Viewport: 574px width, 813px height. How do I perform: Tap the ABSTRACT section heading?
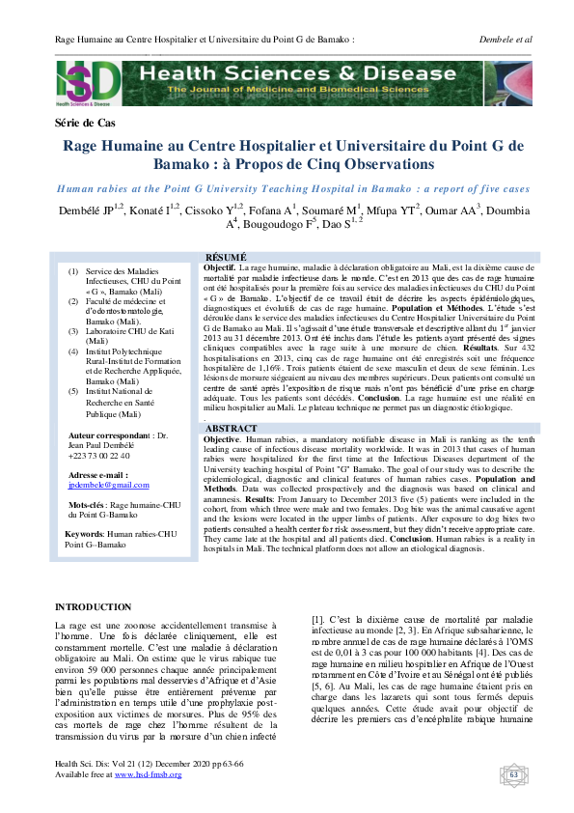click(x=232, y=427)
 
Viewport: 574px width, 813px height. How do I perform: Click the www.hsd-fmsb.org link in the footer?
click(x=148, y=774)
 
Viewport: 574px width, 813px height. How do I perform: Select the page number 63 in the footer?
click(x=513, y=773)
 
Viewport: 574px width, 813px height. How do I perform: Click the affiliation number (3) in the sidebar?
click(x=73, y=330)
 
